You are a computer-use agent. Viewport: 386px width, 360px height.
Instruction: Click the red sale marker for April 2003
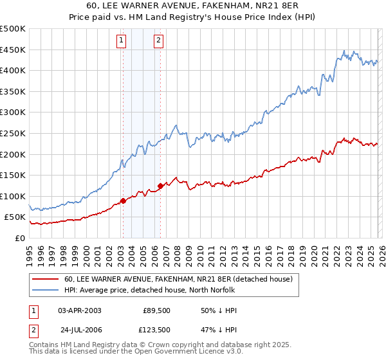[123, 201]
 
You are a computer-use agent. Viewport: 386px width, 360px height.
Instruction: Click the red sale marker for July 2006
[160, 186]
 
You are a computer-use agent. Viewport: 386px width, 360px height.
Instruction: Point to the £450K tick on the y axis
[13, 50]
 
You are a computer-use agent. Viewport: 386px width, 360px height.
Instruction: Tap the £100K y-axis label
[13, 196]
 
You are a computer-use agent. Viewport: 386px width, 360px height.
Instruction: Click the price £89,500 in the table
[155, 310]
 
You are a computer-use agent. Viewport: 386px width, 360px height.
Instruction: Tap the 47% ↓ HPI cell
[219, 331]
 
